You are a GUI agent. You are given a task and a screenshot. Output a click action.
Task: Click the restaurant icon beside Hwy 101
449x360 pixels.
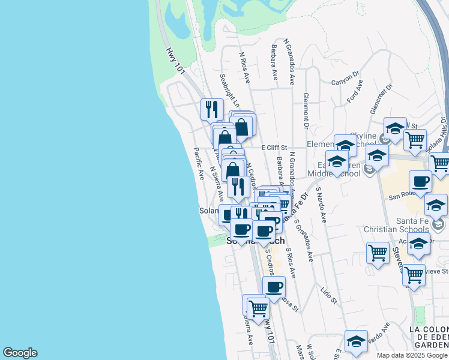211,109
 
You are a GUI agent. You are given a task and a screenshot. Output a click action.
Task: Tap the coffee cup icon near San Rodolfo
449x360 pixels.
420,181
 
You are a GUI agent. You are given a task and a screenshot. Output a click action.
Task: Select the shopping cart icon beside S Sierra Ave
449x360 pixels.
258,308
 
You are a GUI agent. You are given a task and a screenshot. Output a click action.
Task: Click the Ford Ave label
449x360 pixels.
357,95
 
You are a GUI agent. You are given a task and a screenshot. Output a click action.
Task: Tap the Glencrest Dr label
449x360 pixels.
381,94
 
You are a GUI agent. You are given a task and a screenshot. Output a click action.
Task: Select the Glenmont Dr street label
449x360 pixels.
306,111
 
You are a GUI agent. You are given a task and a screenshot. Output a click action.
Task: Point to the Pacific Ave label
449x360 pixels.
199,164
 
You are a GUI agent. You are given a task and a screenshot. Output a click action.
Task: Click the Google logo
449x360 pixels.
20,353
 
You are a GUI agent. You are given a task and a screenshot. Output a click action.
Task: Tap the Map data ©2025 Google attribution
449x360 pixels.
411,355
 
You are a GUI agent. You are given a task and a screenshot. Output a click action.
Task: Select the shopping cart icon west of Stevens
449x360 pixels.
378,253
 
